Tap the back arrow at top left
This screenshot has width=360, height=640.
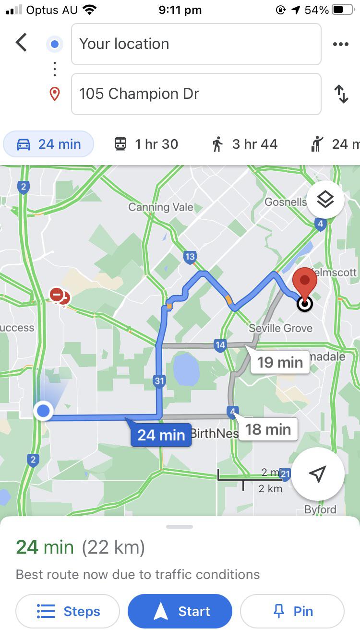tap(21, 43)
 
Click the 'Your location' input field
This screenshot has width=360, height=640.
tap(196, 44)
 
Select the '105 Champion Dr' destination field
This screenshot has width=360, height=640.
tap(196, 94)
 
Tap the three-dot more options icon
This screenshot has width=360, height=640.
tap(340, 44)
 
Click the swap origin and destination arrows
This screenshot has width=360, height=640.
tap(341, 94)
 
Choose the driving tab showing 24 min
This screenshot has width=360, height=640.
tap(48, 144)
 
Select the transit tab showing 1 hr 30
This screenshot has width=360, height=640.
tap(146, 144)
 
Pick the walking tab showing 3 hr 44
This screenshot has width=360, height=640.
tap(245, 144)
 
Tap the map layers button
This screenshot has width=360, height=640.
tap(325, 200)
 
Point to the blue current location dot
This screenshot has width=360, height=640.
tap(44, 411)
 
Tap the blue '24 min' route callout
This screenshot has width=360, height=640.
tap(161, 435)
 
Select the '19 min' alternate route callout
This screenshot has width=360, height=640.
tap(279, 362)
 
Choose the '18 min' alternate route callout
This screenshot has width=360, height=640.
tap(268, 429)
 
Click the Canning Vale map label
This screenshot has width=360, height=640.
tap(160, 207)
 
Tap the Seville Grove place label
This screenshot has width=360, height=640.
tap(280, 328)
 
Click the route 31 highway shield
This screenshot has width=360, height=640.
tap(159, 381)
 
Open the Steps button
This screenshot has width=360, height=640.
tap(68, 611)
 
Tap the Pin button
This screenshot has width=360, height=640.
tap(292, 611)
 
